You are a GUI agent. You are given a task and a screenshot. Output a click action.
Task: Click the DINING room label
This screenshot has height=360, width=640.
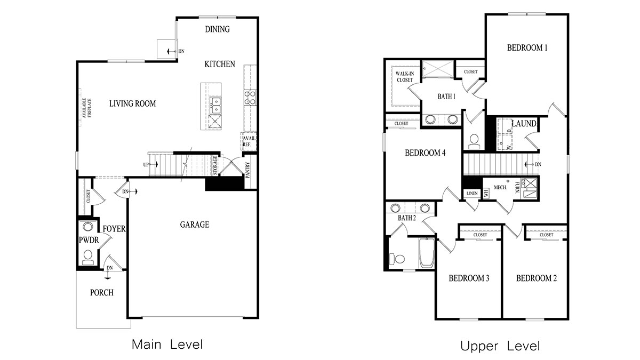(x=217, y=29)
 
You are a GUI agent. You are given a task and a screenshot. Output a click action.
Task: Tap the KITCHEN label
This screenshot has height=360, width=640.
(x=219, y=64)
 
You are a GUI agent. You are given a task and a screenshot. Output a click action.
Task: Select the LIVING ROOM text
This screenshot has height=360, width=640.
(x=132, y=103)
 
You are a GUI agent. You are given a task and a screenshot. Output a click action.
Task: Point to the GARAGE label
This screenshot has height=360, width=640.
(x=194, y=225)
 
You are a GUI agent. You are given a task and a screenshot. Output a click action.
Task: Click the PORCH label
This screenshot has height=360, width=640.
(x=101, y=293)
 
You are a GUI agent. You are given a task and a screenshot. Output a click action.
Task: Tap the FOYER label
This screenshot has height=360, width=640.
(x=114, y=229)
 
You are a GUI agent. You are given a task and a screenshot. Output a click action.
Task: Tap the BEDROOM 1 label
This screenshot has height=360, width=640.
(x=527, y=47)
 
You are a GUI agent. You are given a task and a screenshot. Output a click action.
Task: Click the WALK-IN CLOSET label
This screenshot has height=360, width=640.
(x=404, y=77)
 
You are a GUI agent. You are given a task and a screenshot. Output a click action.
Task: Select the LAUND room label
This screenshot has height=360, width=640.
(x=524, y=124)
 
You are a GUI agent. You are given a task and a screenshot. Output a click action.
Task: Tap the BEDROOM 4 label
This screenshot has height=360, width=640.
(x=425, y=153)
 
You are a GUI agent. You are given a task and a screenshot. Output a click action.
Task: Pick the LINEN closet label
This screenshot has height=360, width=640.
(x=471, y=193)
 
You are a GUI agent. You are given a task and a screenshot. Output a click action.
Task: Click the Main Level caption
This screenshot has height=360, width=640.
(x=167, y=345)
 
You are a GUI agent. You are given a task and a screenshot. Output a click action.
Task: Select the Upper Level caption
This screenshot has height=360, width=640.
(x=500, y=346)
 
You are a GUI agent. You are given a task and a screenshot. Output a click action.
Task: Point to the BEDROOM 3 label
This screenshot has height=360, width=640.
(x=469, y=278)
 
